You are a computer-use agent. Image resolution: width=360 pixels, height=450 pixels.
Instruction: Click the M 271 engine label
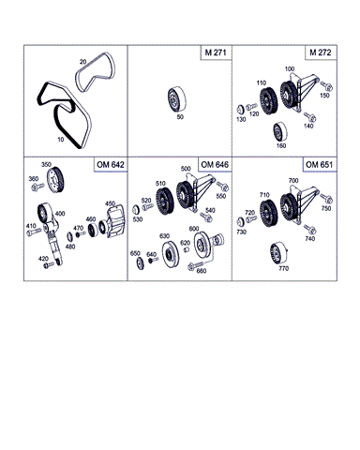click(216, 52)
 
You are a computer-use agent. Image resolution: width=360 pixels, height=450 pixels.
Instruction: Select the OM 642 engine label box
click(111, 165)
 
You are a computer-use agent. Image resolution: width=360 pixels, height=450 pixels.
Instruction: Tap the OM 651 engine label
click(320, 165)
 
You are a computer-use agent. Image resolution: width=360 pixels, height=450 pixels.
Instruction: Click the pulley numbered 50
click(176, 99)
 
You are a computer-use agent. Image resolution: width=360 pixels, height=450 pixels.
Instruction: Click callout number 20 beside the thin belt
click(82, 62)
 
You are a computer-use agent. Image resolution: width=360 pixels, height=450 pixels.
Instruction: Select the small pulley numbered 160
click(279, 132)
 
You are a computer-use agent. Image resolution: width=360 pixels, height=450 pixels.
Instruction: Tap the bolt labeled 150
click(326, 86)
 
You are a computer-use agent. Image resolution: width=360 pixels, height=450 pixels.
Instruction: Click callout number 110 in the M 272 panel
click(262, 82)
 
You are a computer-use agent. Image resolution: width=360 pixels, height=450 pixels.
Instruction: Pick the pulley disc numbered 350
click(55, 181)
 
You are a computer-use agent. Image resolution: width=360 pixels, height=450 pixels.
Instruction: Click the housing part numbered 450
click(115, 221)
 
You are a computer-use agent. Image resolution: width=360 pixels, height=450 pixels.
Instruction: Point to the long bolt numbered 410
click(34, 232)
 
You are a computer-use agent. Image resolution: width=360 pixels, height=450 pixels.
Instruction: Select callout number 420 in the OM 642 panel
click(43, 259)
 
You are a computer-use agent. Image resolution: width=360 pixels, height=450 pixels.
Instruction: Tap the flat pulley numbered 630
click(171, 254)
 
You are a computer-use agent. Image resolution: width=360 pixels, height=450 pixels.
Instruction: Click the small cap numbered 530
click(136, 210)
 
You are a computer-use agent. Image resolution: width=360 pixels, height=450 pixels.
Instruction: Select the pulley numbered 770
click(278, 253)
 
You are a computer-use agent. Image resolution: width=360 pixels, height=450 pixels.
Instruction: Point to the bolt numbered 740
click(310, 230)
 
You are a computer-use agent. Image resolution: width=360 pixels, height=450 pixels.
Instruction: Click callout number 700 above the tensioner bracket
click(293, 180)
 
